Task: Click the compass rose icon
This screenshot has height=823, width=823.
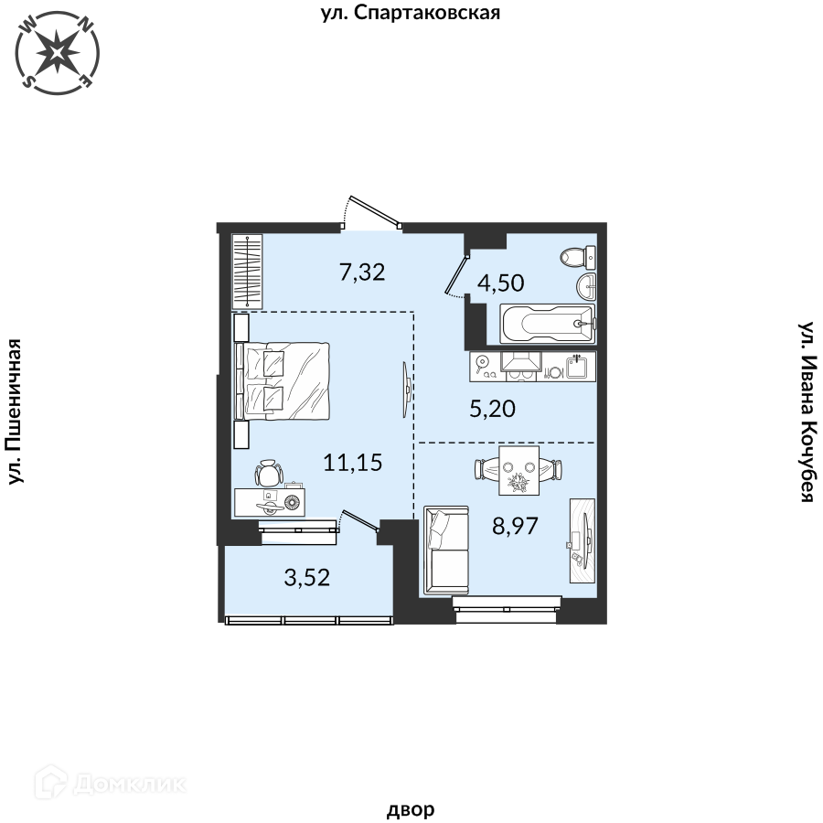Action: point(58,53)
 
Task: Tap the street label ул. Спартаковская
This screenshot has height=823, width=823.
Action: point(411,13)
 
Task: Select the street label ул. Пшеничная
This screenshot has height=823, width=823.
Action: point(16,411)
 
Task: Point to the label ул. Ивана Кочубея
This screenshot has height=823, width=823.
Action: point(807,412)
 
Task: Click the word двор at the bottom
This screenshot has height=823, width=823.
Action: point(411,809)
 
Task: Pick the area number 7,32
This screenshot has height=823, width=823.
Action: point(362,272)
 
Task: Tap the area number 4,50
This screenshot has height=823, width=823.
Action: point(501,283)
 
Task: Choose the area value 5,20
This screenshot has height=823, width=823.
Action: point(492,409)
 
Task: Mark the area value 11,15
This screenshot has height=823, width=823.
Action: point(353,463)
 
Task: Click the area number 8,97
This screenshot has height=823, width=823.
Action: point(515,526)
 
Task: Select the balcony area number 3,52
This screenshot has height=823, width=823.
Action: point(307,577)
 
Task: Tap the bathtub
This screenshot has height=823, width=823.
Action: point(548,324)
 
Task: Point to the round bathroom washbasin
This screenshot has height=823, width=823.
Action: point(586,286)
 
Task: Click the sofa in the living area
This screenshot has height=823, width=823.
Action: point(445,550)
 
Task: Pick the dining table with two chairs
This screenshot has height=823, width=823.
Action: point(518,470)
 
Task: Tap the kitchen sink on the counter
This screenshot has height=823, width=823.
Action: point(577,367)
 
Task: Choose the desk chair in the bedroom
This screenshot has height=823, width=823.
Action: point(268,473)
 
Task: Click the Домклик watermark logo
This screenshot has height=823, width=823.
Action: point(111,784)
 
